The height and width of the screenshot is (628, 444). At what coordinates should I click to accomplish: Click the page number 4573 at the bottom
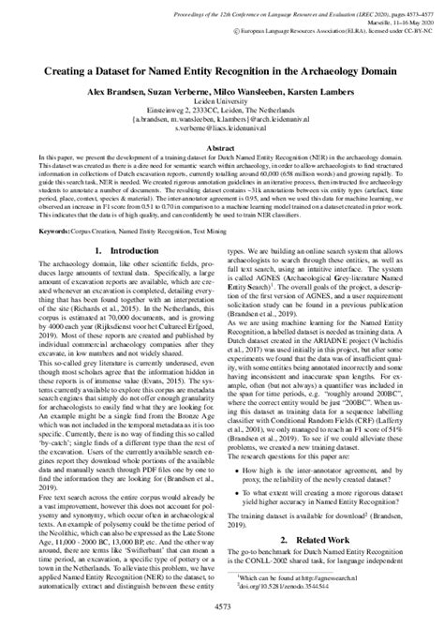(x=222, y=611)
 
